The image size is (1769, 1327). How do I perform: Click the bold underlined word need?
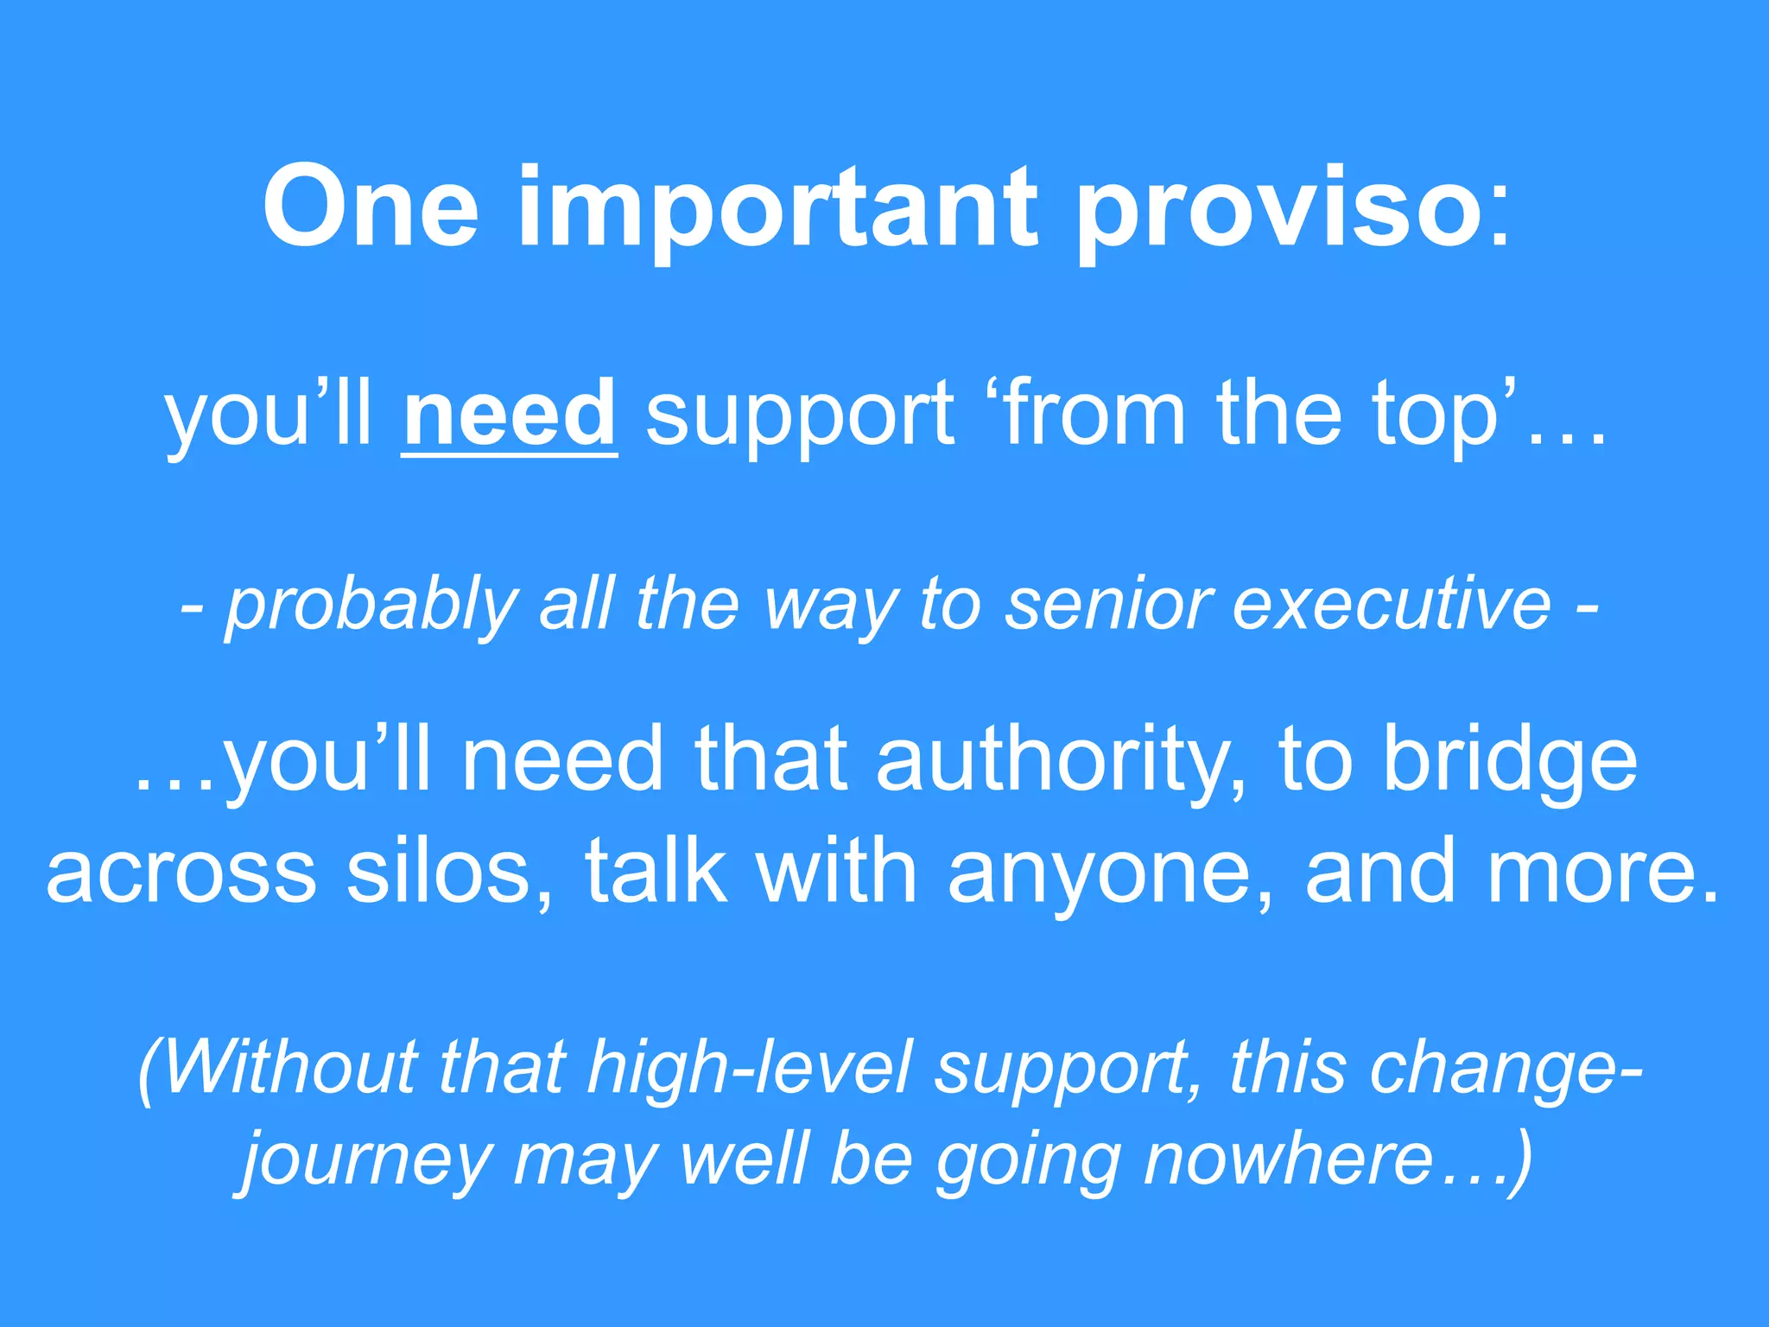pos(510,414)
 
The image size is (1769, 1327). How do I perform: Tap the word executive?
pos(1391,604)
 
